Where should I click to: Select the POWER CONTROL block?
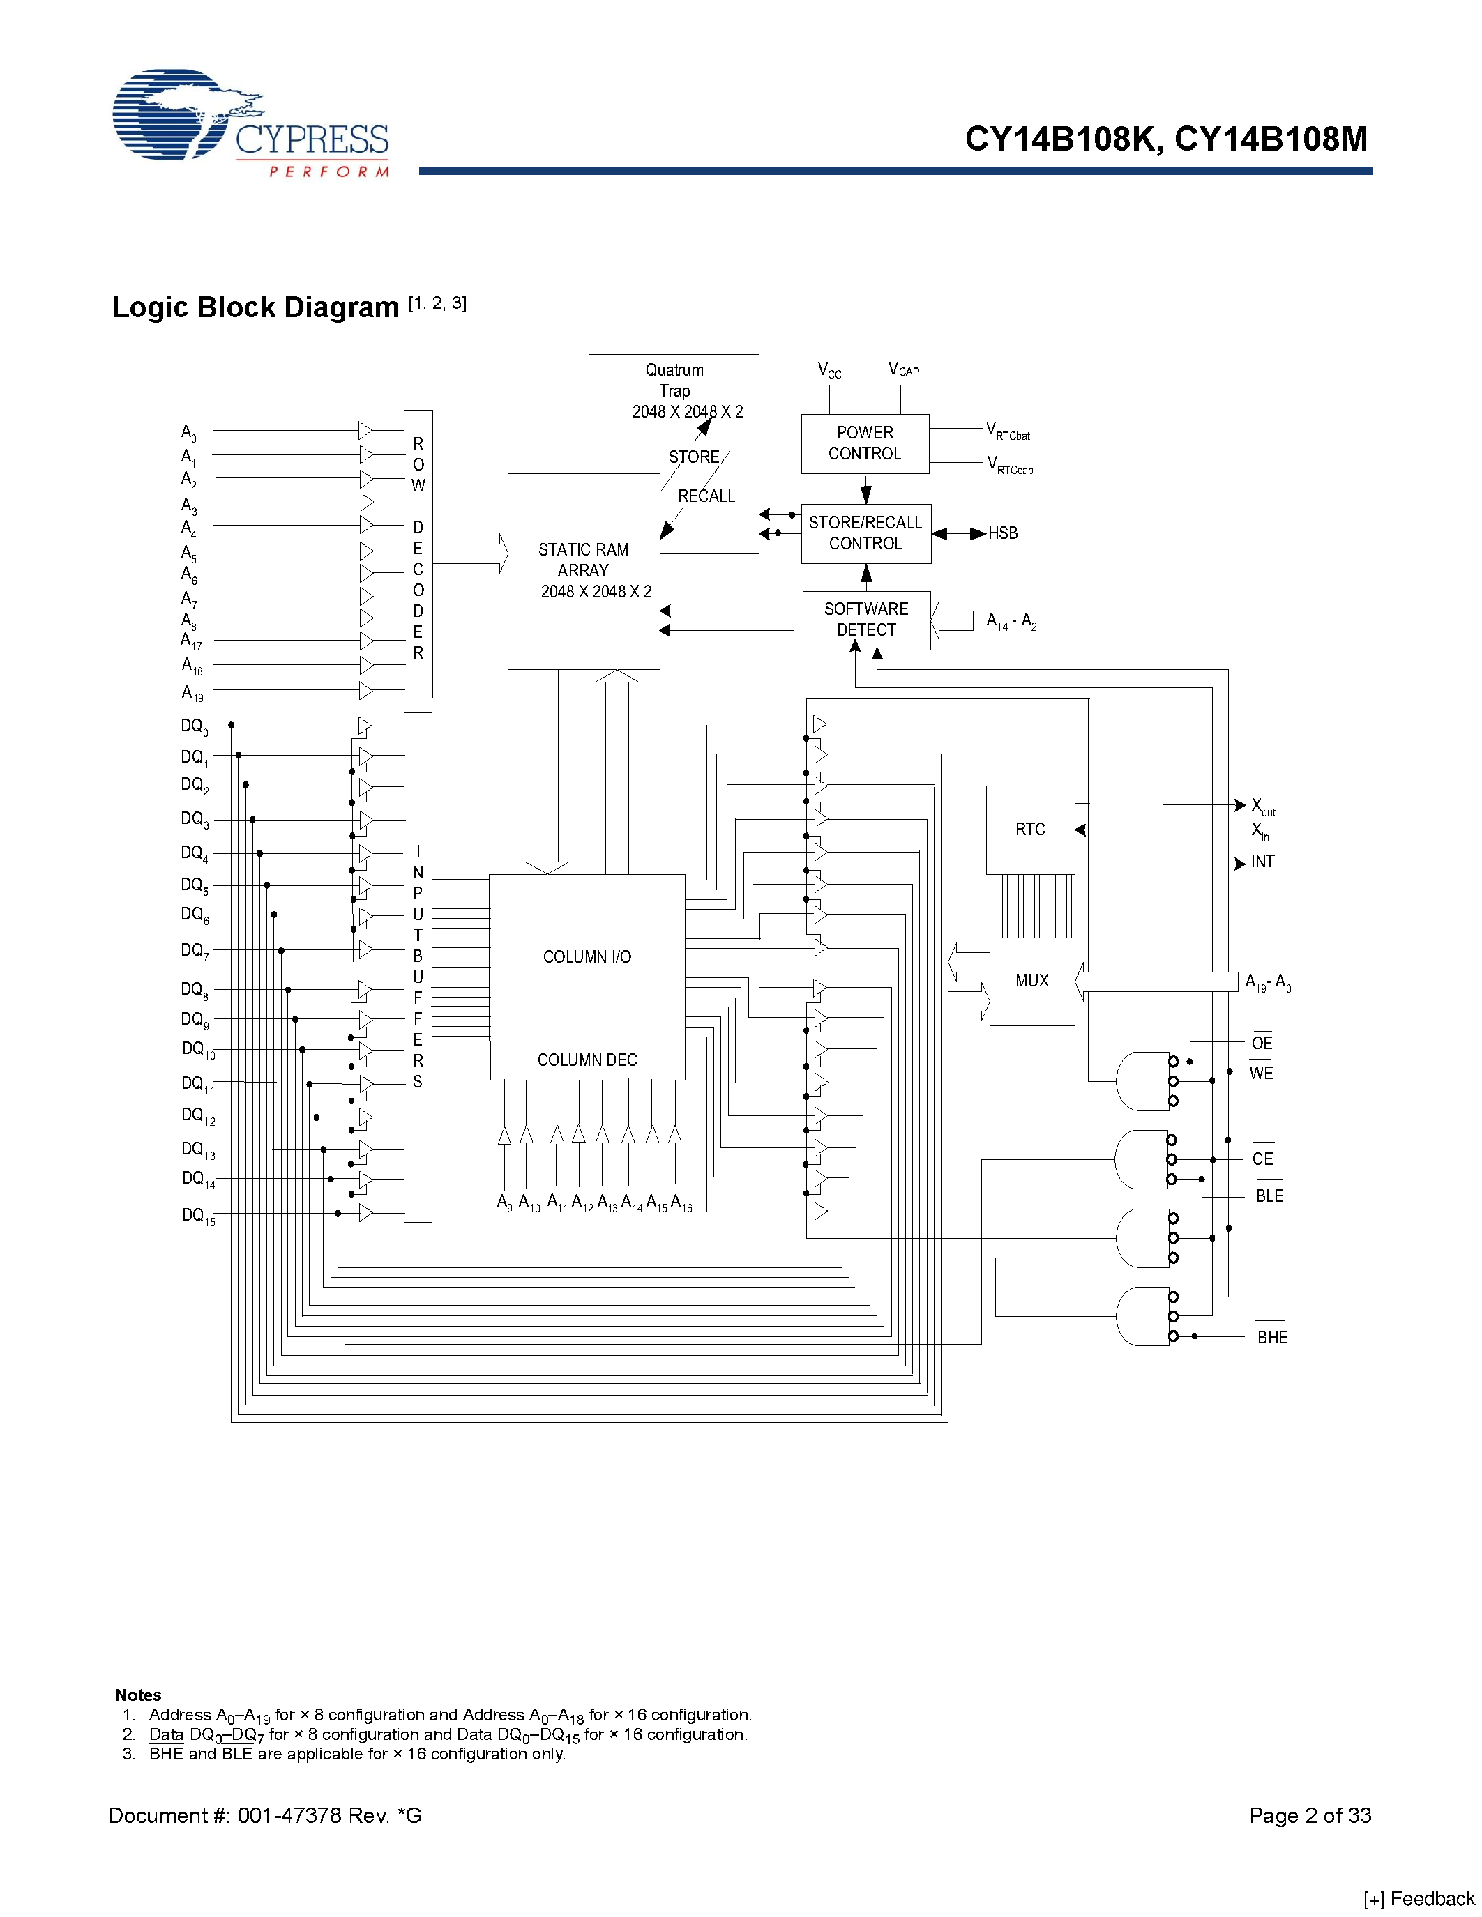click(x=865, y=444)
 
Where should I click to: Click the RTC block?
click(x=1030, y=830)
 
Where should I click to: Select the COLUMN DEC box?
click(x=587, y=1060)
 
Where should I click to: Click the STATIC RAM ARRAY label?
click(x=584, y=570)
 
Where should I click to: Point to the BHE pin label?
click(x=1272, y=1338)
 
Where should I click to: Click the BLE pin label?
click(x=1269, y=1196)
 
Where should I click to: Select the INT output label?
click(x=1262, y=862)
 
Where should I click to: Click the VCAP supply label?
click(x=903, y=370)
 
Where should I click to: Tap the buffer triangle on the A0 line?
click(x=365, y=431)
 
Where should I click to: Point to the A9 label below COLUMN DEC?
click(x=505, y=1202)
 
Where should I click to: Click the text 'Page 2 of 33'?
click(x=1310, y=1815)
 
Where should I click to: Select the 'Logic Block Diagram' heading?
click(x=255, y=307)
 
